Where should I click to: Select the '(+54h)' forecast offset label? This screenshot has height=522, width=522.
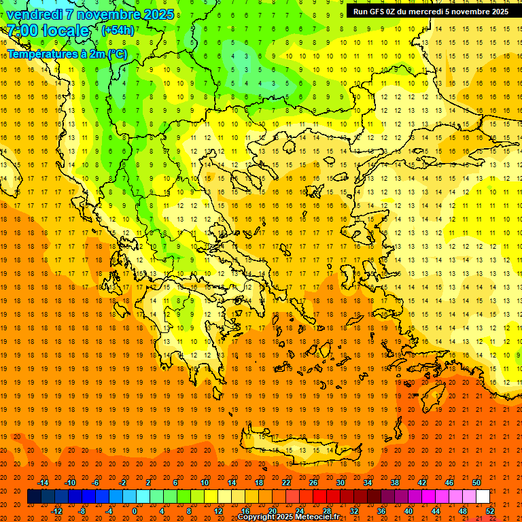(x=118, y=31)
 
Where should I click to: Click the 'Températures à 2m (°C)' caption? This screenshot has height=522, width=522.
(x=67, y=54)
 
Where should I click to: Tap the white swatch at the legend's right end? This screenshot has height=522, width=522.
(x=483, y=497)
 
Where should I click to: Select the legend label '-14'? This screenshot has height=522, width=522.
(x=43, y=483)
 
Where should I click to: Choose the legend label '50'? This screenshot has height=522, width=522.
(x=476, y=483)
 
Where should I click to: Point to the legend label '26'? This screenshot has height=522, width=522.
(x=313, y=483)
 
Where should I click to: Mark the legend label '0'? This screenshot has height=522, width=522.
(x=135, y=511)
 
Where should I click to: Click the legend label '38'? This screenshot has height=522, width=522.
(x=395, y=483)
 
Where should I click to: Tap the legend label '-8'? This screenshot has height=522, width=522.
(x=82, y=511)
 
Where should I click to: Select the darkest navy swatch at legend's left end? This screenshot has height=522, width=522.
(x=34, y=497)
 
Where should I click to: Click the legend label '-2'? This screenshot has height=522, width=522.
(x=122, y=483)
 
